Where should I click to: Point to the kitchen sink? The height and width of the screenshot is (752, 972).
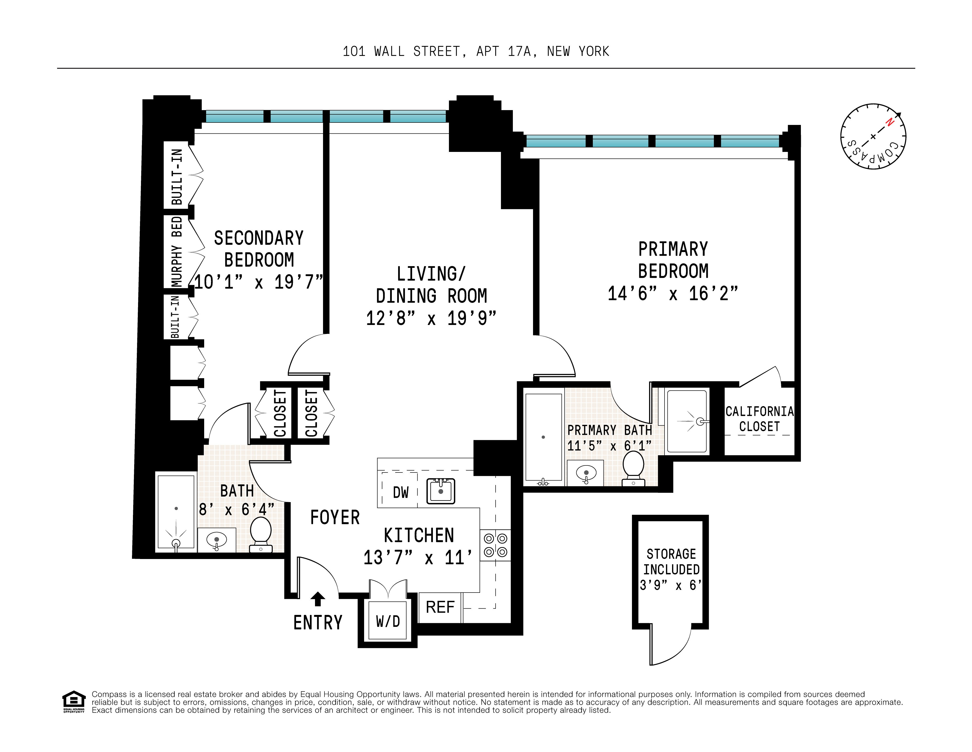tap(441, 491)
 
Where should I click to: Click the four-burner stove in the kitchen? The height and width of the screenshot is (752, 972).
tap(495, 545)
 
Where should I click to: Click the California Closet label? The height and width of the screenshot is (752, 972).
tap(759, 419)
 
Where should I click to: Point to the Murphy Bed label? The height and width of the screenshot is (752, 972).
tap(177, 251)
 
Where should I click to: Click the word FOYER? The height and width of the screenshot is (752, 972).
tap(335, 517)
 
